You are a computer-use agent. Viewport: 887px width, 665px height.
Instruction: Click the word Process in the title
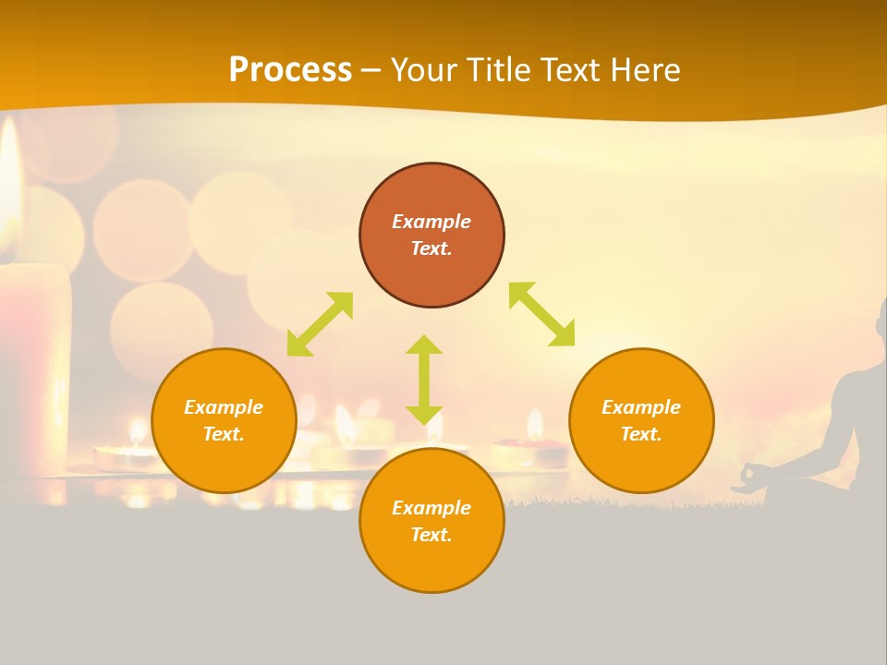290,70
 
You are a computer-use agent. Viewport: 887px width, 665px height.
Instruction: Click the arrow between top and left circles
320,324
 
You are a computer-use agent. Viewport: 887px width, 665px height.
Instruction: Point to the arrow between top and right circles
541,314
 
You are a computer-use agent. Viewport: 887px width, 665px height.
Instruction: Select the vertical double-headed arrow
424,380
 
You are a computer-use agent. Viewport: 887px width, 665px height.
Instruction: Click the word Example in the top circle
431,222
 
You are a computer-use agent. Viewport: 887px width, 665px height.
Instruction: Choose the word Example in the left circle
224,407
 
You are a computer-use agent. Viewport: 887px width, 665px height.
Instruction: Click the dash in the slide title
371,70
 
